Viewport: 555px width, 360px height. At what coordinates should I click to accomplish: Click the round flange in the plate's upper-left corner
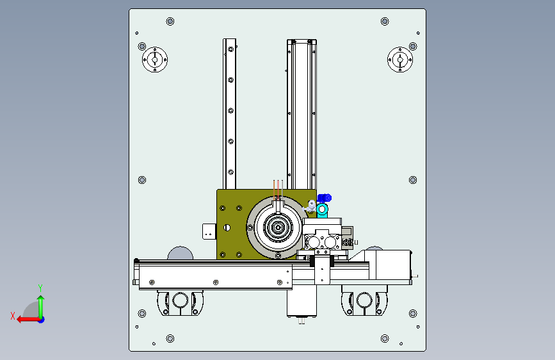coord(155,60)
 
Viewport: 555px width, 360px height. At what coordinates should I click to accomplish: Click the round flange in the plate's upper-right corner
coord(400,60)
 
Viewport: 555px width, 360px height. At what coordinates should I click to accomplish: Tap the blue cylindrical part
coord(324,198)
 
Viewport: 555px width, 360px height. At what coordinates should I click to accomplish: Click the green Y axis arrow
coord(41,307)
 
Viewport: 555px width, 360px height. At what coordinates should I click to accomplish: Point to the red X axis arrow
coord(29,320)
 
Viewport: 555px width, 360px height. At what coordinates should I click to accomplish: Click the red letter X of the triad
coord(13,316)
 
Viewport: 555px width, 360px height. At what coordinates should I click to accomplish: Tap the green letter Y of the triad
coord(40,288)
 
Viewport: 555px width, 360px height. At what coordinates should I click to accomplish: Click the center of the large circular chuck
coord(278,227)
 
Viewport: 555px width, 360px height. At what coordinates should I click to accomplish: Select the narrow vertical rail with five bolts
coord(229,114)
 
